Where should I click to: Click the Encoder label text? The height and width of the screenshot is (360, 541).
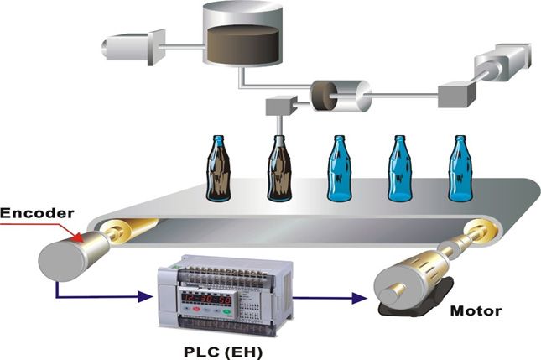pyautogui.click(x=37, y=214)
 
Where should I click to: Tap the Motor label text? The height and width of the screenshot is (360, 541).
pyautogui.click(x=476, y=311)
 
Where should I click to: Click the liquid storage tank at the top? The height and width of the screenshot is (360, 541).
pyautogui.click(x=242, y=34)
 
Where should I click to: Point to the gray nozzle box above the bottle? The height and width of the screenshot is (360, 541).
pyautogui.click(x=278, y=106)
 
